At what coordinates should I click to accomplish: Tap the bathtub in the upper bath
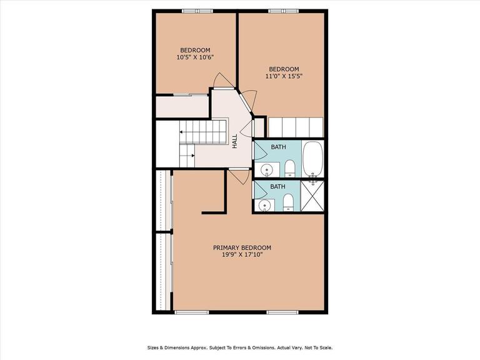312,159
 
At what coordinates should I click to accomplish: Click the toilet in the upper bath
289,168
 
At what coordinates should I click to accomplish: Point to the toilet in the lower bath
288,202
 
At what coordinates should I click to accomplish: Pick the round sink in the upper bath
266,169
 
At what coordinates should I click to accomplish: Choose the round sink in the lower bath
266,204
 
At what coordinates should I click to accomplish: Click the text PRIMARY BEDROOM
242,247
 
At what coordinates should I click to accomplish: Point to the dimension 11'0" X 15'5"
284,77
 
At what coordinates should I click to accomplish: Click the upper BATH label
278,147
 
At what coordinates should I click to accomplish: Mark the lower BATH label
278,186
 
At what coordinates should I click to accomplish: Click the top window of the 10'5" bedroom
194,11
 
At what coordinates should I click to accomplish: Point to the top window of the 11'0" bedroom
282,11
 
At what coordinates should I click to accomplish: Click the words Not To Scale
319,347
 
